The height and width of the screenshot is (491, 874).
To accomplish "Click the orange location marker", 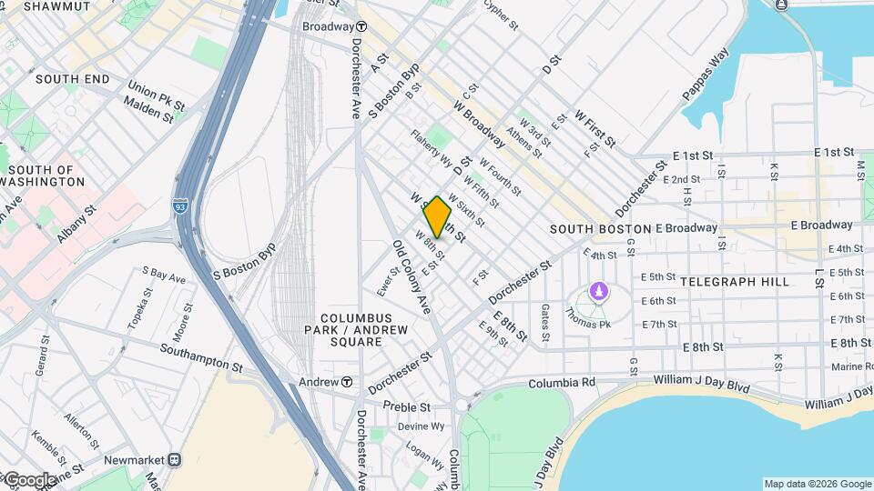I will pos(438,217).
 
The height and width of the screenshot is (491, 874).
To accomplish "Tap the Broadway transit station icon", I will pos(361,26).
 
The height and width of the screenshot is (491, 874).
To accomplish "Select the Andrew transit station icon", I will pos(347,382).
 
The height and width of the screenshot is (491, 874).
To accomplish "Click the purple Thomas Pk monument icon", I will pos(598,291).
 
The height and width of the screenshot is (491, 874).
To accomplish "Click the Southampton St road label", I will pos(200,357).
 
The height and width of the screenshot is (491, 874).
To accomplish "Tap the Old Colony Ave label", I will pos(411,277).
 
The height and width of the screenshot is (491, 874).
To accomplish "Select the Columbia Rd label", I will pos(561,383).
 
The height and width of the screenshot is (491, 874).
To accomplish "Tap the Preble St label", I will pos(405,406).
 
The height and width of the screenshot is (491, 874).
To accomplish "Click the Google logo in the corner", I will pos(29,479).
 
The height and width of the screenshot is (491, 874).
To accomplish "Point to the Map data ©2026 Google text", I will pos(816,484).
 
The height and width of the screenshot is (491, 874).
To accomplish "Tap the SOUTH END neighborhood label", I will pos(73,79).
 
